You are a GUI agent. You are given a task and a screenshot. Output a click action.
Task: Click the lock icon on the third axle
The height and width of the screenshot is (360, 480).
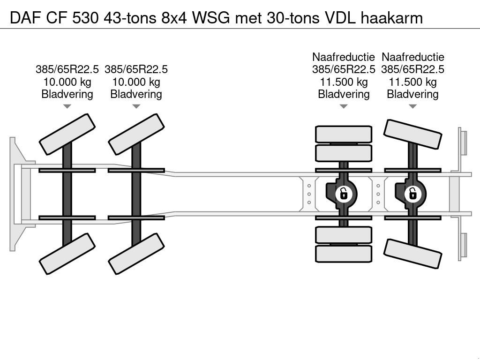(344, 193)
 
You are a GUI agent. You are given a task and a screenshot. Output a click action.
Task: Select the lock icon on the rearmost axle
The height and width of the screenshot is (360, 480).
(412, 193)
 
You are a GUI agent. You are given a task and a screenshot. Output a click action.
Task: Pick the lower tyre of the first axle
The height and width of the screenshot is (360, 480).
(67, 254)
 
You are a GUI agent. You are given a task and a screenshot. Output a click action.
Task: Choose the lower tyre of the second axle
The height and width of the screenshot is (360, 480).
(136, 254)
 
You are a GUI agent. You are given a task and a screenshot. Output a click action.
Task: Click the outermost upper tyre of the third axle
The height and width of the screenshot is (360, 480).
(344, 134)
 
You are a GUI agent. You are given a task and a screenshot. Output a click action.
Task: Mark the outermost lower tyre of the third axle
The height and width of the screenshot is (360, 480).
(344, 254)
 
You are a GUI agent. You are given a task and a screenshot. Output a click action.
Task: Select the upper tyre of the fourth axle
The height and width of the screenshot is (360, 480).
(413, 134)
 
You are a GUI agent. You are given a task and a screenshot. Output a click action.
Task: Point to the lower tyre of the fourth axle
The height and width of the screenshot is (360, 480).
(413, 253)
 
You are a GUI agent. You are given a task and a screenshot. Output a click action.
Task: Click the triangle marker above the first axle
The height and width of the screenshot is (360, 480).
(67, 106)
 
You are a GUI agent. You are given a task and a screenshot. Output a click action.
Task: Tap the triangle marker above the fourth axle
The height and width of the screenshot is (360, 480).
(412, 106)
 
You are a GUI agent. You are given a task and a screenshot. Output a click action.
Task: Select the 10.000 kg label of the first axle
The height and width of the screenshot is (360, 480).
(67, 82)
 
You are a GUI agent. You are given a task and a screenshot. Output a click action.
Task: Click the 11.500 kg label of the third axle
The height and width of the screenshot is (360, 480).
(344, 82)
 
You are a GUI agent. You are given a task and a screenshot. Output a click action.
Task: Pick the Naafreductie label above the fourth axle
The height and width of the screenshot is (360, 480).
(412, 57)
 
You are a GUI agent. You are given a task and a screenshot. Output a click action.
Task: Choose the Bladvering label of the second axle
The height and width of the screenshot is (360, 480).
(136, 94)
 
